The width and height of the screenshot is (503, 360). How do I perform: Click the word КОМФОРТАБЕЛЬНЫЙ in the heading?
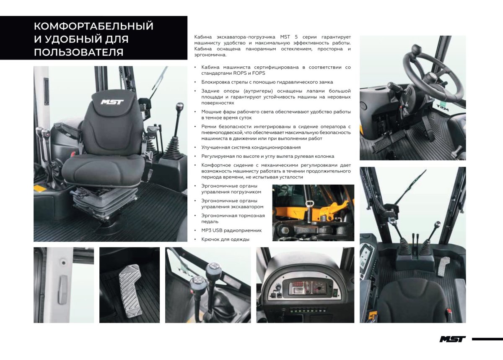point(93,26)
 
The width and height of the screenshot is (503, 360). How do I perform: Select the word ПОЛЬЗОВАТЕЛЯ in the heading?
point(78,52)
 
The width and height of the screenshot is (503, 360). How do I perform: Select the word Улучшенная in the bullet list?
point(215,147)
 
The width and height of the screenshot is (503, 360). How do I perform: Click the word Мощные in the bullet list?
point(211,112)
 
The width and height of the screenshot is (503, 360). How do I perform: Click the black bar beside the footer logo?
point(487,339)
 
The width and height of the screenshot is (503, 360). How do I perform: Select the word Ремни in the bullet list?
point(210,126)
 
